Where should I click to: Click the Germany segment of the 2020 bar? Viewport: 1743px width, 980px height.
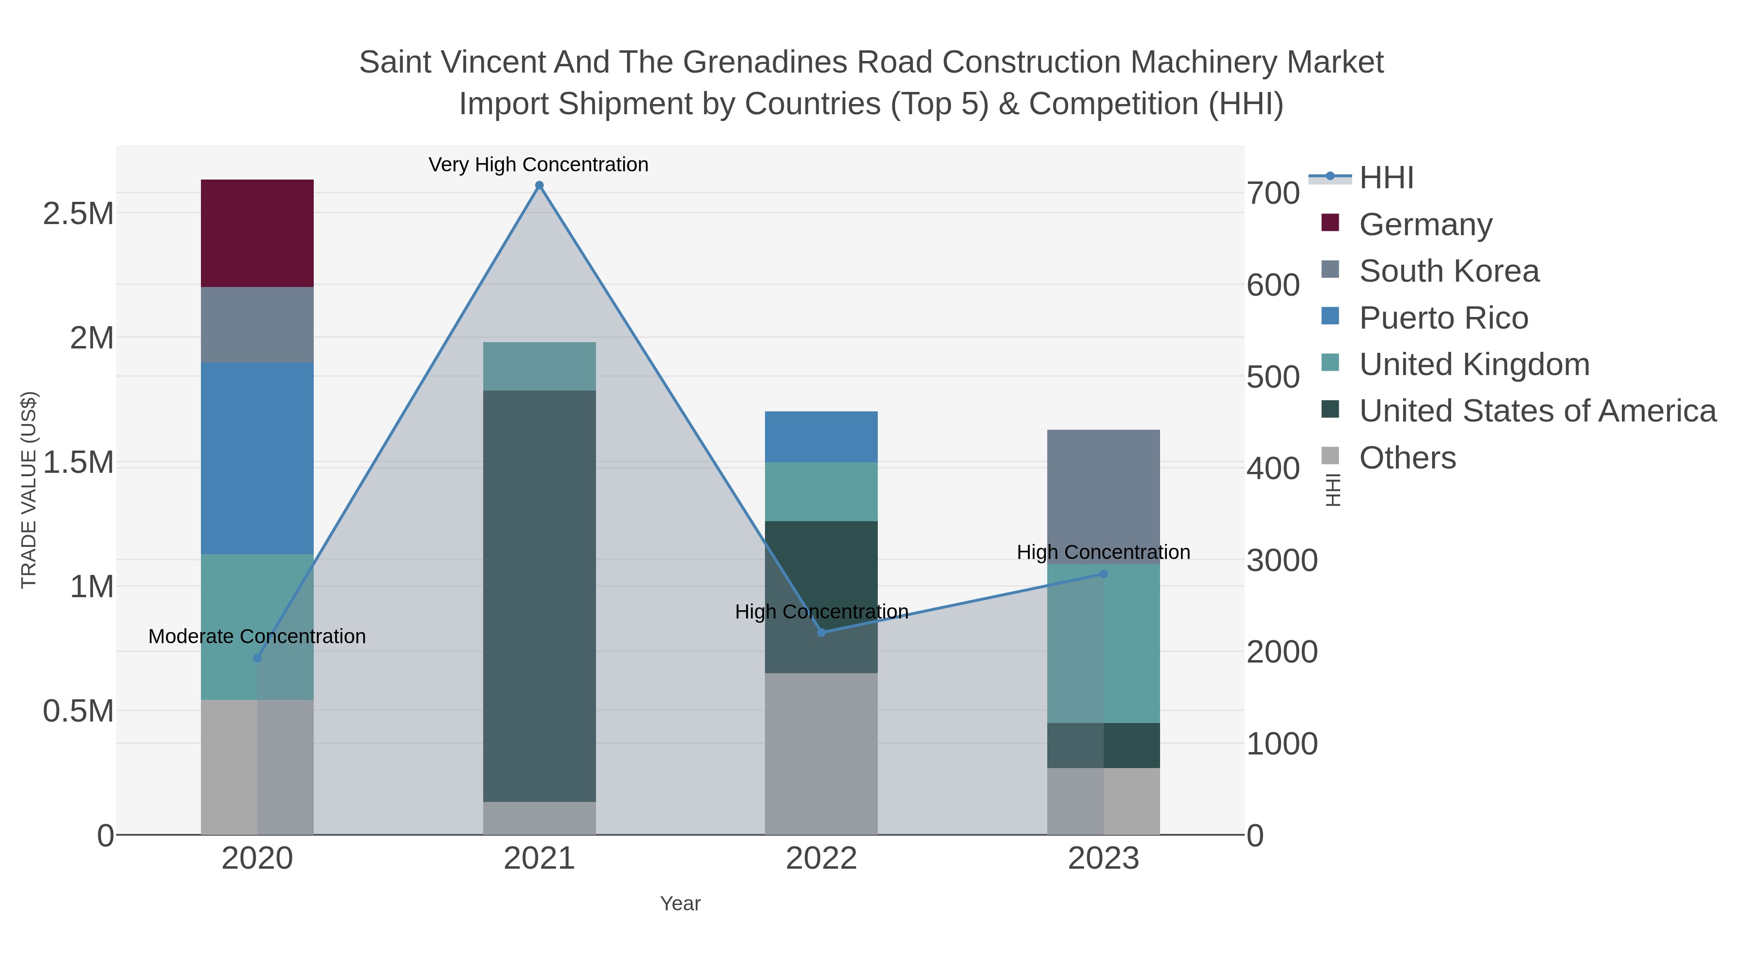pyautogui.click(x=257, y=233)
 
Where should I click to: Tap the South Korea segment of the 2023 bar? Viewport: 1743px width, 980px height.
pyautogui.click(x=1103, y=497)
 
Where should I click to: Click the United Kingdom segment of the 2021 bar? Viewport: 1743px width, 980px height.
pyautogui.click(x=539, y=366)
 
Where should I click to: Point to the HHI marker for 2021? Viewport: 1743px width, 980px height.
pyautogui.click(x=539, y=185)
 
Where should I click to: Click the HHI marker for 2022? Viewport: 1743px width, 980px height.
pyautogui.click(x=822, y=633)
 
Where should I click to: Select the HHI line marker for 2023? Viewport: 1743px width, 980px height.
pyautogui.click(x=1103, y=574)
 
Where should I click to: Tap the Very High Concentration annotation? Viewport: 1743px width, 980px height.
pyautogui.click(x=538, y=165)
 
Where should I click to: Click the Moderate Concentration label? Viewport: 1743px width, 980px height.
pyautogui.click(x=257, y=636)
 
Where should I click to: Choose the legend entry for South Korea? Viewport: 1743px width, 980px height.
pyautogui.click(x=1449, y=271)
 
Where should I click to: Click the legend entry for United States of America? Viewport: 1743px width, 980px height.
pyautogui.click(x=1537, y=411)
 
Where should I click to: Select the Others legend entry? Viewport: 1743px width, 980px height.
pyautogui.click(x=1407, y=458)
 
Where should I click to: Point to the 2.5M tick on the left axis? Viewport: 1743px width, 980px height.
pyautogui.click(x=78, y=214)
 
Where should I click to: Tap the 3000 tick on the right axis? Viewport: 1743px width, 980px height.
pyautogui.click(x=1282, y=561)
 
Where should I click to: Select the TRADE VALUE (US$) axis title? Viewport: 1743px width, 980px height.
pyautogui.click(x=29, y=490)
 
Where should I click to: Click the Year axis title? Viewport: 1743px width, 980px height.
pyautogui.click(x=680, y=904)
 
